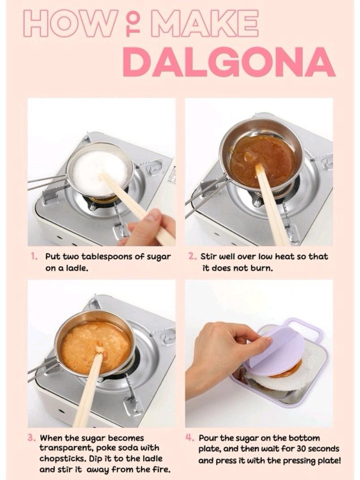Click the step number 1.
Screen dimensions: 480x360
click(34, 257)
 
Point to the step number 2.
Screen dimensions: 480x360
click(192, 257)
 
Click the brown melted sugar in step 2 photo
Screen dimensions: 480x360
click(264, 155)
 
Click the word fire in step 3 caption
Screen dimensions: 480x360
click(160, 470)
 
